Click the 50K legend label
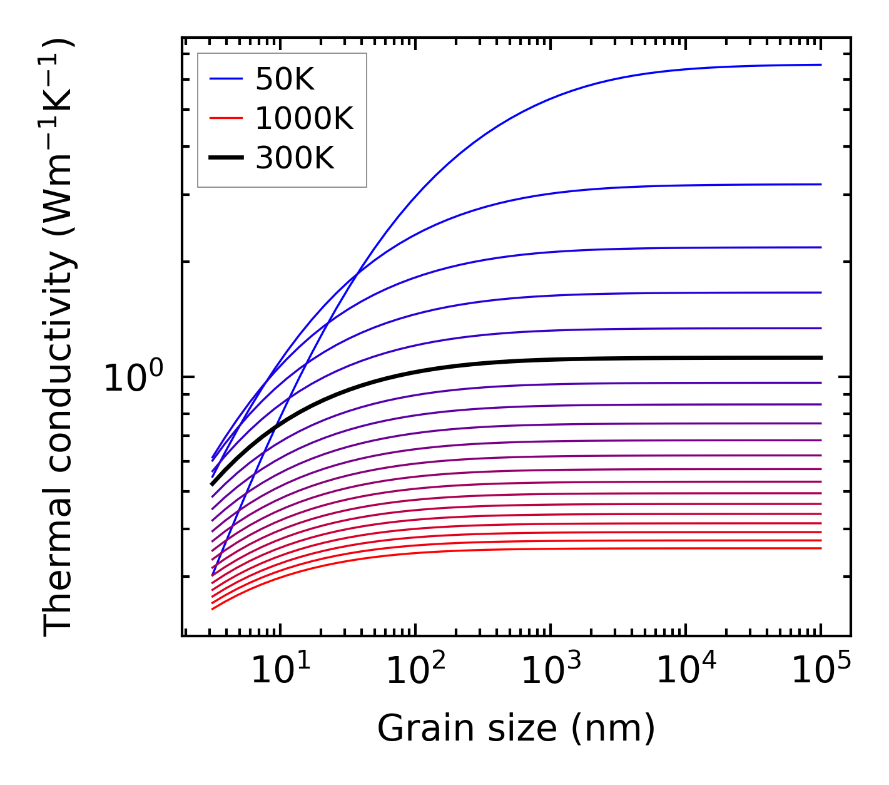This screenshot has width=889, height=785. pyautogui.click(x=285, y=80)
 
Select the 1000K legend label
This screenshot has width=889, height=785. pyautogui.click(x=304, y=118)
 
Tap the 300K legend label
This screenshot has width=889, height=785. pyautogui.click(x=295, y=158)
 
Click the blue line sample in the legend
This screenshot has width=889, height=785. pyautogui.click(x=226, y=79)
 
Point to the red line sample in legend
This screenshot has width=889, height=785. pyautogui.click(x=226, y=118)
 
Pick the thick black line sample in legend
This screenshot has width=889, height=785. pyautogui.click(x=226, y=158)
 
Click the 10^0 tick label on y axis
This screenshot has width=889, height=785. pyautogui.click(x=133, y=379)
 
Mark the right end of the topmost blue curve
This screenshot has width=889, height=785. pyautogui.click(x=820, y=64)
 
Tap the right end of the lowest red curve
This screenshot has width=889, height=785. pyautogui.click(x=820, y=548)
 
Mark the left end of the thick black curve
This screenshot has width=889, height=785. pyautogui.click(x=213, y=484)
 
